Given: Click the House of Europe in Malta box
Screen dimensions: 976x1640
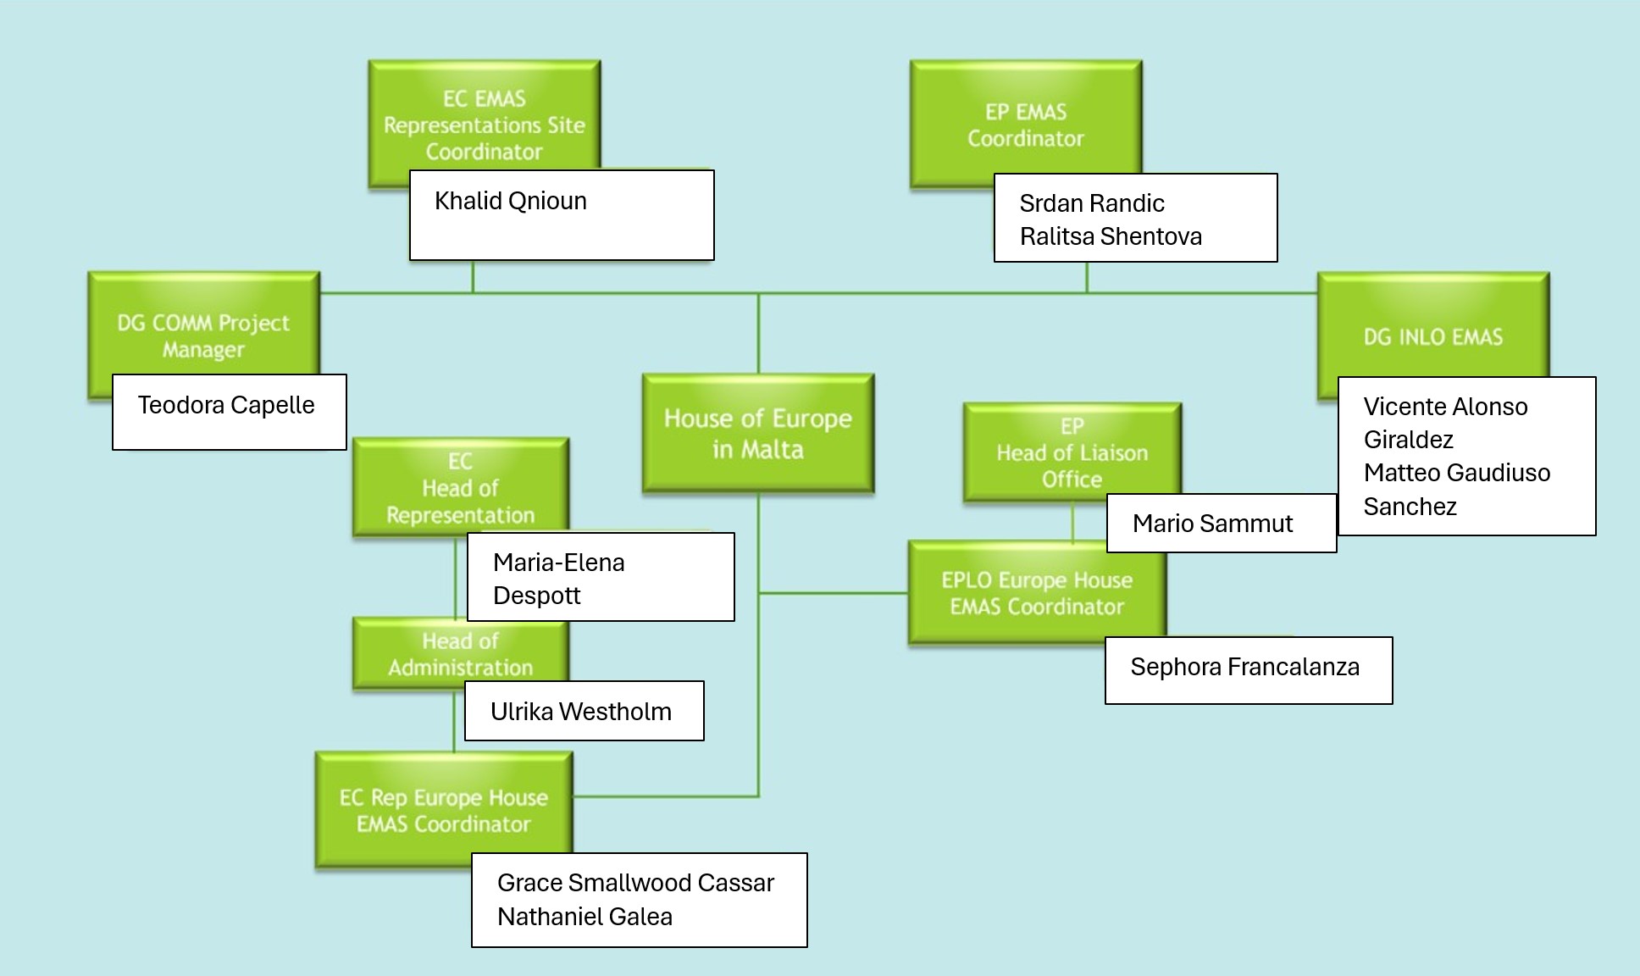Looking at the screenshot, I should tap(757, 433).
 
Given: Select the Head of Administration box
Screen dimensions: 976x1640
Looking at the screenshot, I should tap(460, 652).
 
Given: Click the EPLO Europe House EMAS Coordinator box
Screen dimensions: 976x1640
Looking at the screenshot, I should tap(1036, 592).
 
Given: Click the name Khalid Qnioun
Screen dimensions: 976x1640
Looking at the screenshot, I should tap(510, 202).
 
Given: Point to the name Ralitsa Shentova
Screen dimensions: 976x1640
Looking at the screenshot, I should tap(1110, 236).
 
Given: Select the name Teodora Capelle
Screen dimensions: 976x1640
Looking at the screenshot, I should tap(226, 405).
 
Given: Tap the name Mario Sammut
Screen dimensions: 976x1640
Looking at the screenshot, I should tap(1212, 524).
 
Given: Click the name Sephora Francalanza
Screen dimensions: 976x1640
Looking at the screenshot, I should tap(1244, 667).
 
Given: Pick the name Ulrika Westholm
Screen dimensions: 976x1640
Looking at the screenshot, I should tap(580, 712).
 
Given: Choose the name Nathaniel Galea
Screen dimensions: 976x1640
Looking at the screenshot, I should tap(585, 917).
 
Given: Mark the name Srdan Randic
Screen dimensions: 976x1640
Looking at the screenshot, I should tap(1091, 203).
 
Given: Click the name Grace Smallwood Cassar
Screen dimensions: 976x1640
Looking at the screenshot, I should tap(635, 883).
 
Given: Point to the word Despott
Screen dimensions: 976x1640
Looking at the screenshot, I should tap(536, 596).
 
